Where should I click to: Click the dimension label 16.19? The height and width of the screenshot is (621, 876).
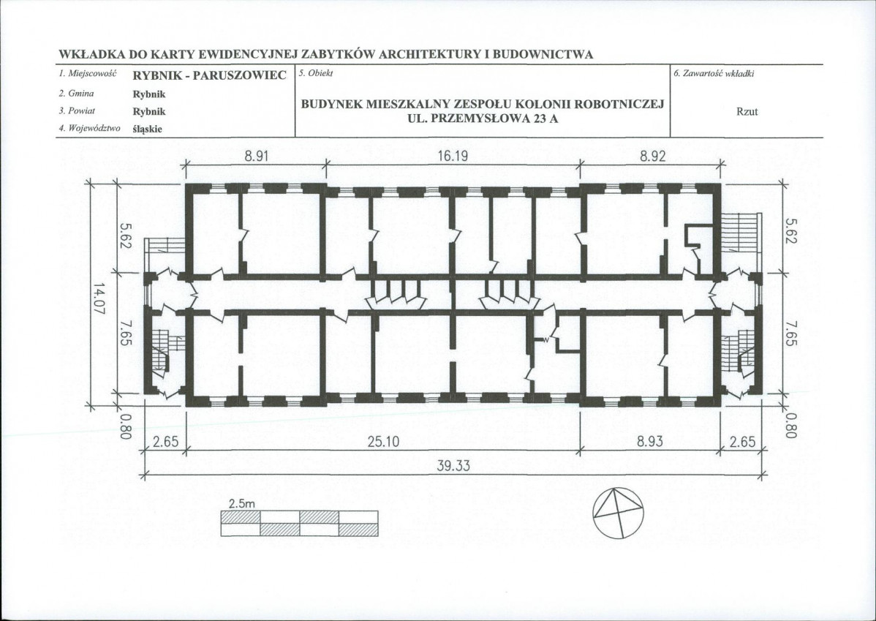[x=453, y=157]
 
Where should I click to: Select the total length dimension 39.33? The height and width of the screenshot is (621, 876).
[x=453, y=465]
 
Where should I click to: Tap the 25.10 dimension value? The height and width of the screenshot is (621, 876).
[x=383, y=442]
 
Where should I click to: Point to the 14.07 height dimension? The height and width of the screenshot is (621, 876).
[x=99, y=298]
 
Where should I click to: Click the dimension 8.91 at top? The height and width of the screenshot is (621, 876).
[x=257, y=157]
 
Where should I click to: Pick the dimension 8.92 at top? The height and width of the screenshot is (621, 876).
[x=653, y=157]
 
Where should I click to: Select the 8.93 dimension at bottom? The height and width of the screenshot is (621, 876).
[x=650, y=442]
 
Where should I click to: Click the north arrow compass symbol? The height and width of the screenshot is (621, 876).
[x=617, y=513]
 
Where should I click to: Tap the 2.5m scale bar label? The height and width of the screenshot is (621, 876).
[x=241, y=504]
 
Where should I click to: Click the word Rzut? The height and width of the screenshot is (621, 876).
[x=747, y=111]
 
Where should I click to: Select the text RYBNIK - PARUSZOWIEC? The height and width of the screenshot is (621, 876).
[x=210, y=75]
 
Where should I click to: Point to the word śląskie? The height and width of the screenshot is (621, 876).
[x=148, y=129]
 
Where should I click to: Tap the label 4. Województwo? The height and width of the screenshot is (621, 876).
[x=89, y=129]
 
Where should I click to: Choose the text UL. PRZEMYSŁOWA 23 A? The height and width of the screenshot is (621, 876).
[x=483, y=118]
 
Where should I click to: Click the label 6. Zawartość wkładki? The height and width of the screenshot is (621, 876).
[x=714, y=74]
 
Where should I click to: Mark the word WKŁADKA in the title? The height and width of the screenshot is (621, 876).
[x=91, y=55]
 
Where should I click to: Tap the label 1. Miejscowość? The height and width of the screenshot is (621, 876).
[x=87, y=73]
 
